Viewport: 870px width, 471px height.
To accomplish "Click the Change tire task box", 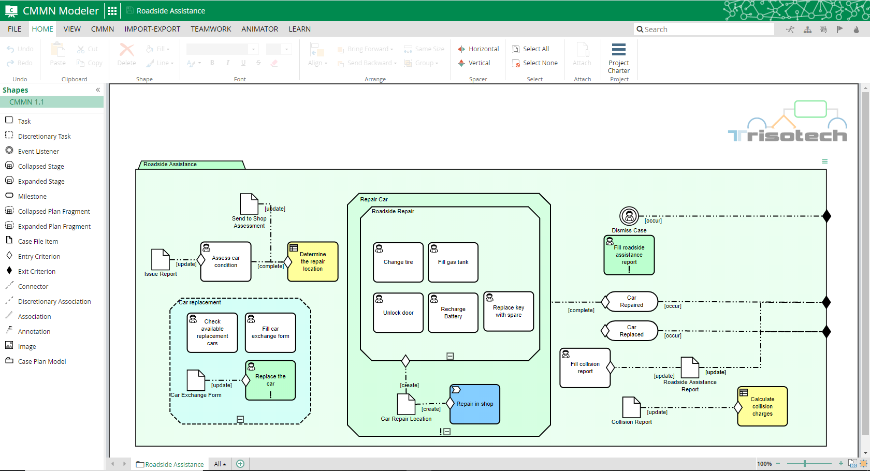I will click(398, 262).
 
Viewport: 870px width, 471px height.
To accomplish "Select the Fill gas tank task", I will click(453, 262).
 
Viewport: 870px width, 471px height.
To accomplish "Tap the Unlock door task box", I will click(398, 313).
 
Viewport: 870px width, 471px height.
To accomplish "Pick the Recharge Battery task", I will click(453, 313).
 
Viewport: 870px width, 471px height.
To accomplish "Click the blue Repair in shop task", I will click(475, 404).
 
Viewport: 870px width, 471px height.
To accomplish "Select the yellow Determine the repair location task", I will click(313, 262).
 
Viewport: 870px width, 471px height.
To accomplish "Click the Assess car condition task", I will click(226, 262).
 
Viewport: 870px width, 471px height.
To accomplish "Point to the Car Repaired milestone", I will click(631, 302).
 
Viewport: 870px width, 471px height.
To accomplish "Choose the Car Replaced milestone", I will click(631, 331).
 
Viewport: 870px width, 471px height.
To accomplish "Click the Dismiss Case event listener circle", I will click(629, 216).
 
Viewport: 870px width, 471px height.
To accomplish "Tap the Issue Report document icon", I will click(161, 260).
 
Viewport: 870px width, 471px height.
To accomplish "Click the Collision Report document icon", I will click(631, 407).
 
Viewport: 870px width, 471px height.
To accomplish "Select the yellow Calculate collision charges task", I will click(762, 407).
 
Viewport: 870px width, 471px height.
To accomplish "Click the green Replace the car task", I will click(270, 380).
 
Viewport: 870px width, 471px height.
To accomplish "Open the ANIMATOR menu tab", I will click(259, 29).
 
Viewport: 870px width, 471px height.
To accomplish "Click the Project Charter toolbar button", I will click(619, 58).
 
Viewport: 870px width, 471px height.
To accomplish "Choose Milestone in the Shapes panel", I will click(32, 197).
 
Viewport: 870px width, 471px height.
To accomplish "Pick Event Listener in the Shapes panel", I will click(38, 152).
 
